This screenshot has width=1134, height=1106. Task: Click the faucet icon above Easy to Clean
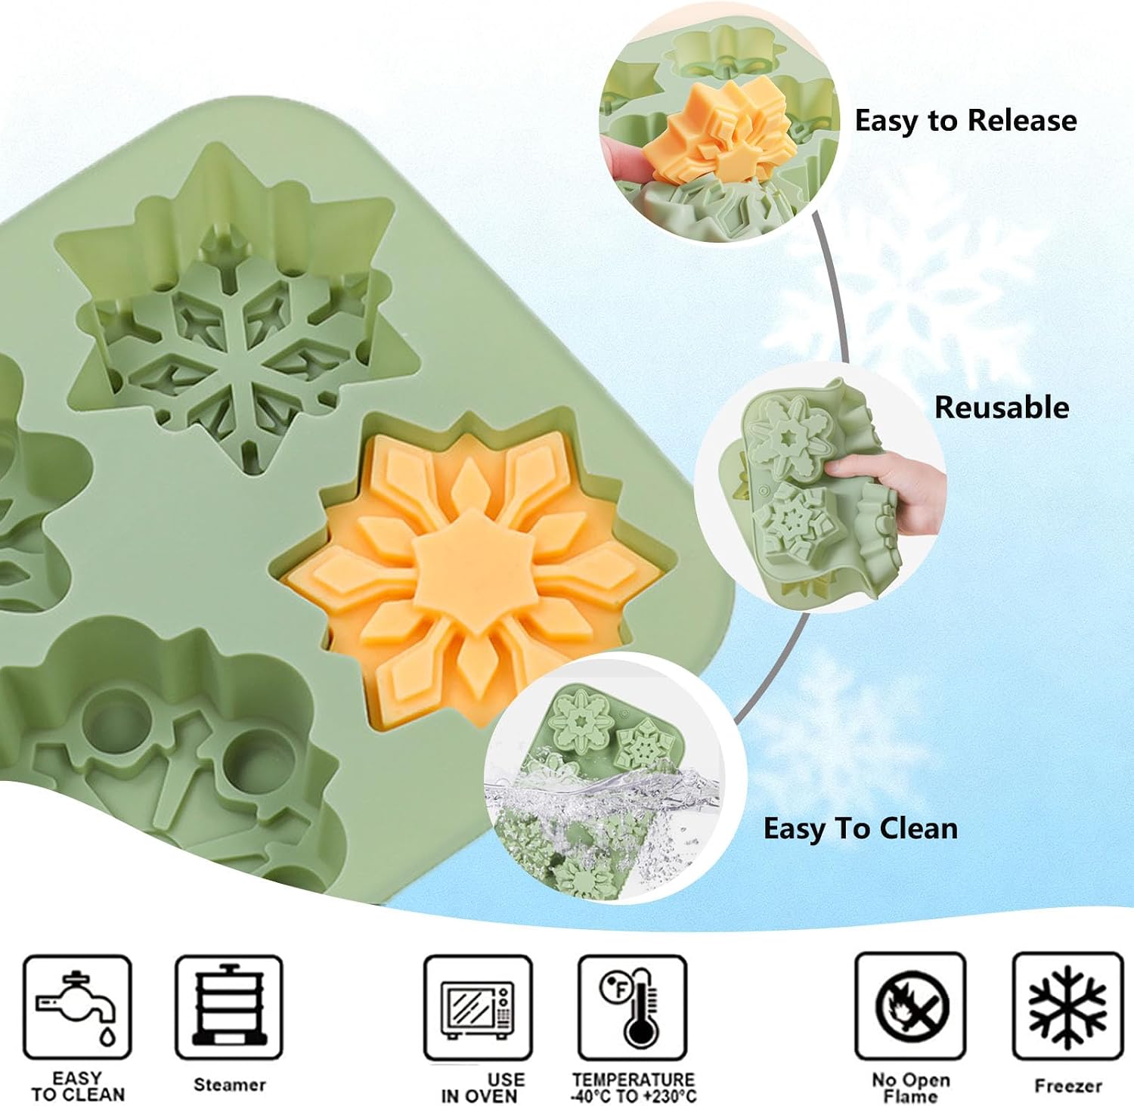(x=77, y=1007)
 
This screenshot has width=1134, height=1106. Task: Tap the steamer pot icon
(x=229, y=1007)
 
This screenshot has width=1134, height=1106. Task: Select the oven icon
(x=478, y=1008)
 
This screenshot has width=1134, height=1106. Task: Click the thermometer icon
(x=632, y=1008)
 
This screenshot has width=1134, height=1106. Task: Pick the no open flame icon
(x=910, y=1006)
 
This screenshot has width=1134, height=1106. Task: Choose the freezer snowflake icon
(x=1067, y=1006)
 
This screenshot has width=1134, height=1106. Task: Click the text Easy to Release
(x=965, y=121)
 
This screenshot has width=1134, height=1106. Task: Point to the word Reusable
(x=1002, y=407)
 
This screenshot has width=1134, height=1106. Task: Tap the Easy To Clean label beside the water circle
(x=860, y=829)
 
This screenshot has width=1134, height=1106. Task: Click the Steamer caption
(x=230, y=1085)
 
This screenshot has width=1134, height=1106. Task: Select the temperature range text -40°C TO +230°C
(x=634, y=1095)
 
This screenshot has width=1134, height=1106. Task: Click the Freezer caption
(x=1068, y=1086)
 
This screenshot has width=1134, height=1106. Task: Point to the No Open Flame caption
(x=910, y=1088)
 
